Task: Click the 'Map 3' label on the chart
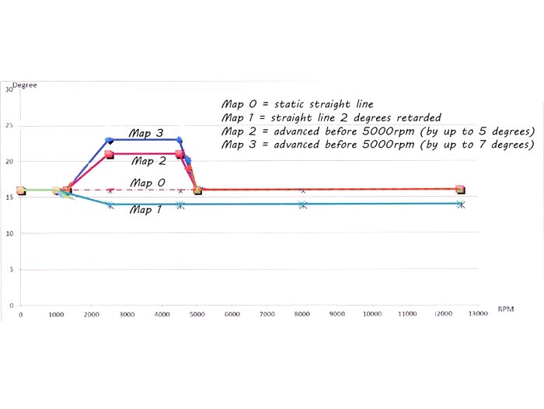[146, 133]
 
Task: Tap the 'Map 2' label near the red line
[148, 161]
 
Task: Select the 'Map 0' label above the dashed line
[147, 183]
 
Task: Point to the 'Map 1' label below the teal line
[145, 209]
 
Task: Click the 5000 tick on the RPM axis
[198, 313]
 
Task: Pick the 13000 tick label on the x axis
[477, 313]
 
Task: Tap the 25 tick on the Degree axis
[9, 125]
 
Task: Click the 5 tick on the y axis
[11, 269]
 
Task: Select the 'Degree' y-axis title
[26, 85]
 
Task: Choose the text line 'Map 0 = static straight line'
[298, 104]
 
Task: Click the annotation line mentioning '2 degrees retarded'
[332, 117]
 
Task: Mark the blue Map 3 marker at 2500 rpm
[110, 140]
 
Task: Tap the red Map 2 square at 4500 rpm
[180, 154]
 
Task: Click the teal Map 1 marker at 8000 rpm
[303, 204]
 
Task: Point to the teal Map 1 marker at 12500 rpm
[461, 204]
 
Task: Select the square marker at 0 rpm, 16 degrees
[21, 190]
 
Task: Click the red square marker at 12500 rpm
[460, 189]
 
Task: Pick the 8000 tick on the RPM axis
[302, 313]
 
